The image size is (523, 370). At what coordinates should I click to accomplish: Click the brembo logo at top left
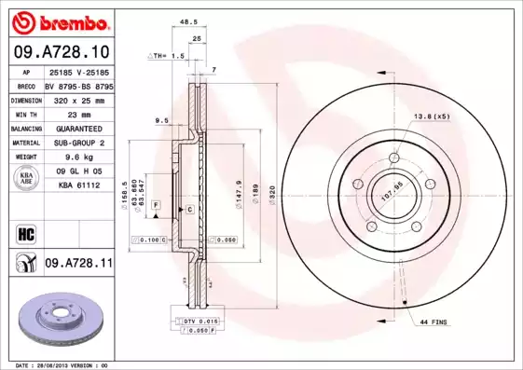57,21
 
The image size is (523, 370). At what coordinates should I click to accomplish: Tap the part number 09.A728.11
78,264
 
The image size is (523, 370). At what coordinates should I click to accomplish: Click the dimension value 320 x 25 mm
79,99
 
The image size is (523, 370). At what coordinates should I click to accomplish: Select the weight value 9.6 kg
79,158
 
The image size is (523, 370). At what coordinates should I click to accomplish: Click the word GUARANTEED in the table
79,128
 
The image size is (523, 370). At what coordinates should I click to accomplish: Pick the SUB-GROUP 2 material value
79,143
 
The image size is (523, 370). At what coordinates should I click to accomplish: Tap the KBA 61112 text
79,186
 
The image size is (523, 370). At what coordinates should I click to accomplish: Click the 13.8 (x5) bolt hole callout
431,117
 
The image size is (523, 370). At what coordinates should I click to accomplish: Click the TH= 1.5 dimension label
169,56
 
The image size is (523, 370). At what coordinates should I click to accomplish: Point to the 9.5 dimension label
160,119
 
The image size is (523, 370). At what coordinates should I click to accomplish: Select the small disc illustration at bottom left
57,320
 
